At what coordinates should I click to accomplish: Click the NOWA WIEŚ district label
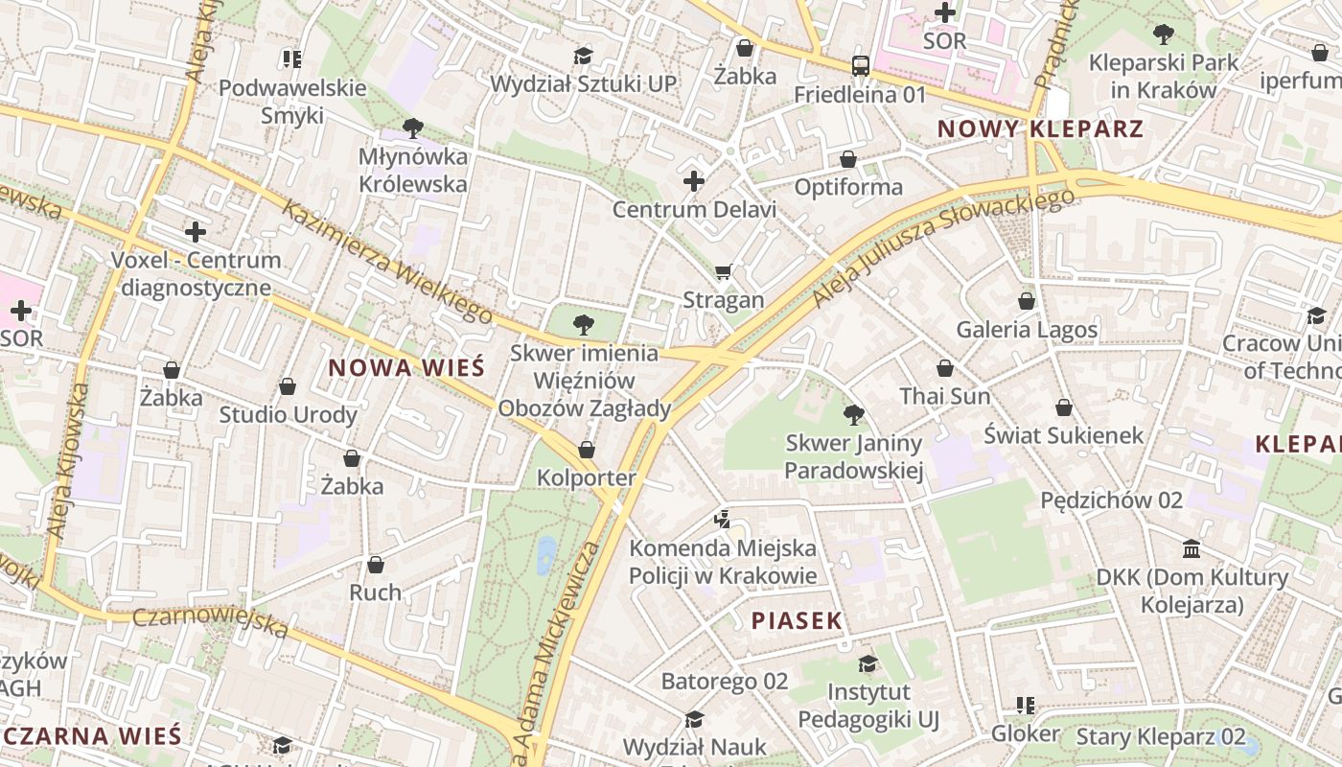point(406,367)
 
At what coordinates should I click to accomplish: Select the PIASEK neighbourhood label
point(797,620)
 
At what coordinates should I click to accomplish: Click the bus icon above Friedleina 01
point(861,66)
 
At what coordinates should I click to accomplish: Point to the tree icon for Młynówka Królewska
point(413,128)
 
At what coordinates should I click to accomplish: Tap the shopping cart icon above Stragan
point(723,272)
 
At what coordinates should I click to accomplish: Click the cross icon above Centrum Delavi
point(694,181)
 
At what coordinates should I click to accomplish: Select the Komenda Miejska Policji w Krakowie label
point(723,562)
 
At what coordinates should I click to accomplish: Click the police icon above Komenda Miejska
point(723,520)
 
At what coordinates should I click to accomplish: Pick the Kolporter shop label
point(586,477)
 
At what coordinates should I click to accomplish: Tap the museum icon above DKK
point(1192,549)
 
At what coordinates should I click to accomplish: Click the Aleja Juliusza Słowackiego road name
point(943,247)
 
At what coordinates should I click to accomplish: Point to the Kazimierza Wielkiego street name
point(387,261)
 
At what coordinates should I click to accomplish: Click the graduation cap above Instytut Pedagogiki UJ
point(868,663)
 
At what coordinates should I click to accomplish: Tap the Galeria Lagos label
point(1027,330)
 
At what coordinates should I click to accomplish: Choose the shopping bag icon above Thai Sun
point(945,368)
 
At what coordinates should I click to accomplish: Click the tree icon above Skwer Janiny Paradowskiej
point(853,415)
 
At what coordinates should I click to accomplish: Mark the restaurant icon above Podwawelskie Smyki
point(292,59)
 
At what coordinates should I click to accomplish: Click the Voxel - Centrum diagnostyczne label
point(196,273)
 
